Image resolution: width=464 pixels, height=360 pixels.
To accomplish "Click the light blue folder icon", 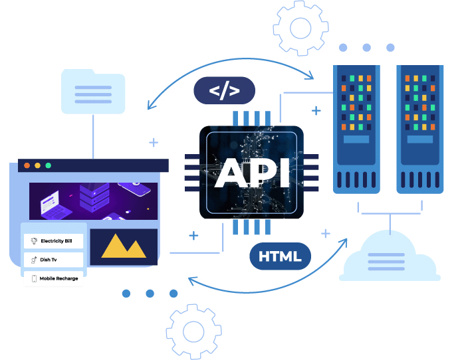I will [92, 91].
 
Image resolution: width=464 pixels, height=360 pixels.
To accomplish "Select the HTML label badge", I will [280, 256].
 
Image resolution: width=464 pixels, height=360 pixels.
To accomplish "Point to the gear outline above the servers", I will [300, 27].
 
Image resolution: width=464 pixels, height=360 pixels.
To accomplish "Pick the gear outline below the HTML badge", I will [193, 331].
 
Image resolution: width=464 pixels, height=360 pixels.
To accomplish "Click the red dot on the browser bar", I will [27, 165].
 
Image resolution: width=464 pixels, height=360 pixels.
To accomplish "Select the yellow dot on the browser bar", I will [38, 165].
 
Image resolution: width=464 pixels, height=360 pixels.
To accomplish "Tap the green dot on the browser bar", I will [49, 165].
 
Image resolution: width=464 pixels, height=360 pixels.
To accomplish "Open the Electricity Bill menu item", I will [53, 241].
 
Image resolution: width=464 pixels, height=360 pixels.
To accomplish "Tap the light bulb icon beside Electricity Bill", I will [33, 241].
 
